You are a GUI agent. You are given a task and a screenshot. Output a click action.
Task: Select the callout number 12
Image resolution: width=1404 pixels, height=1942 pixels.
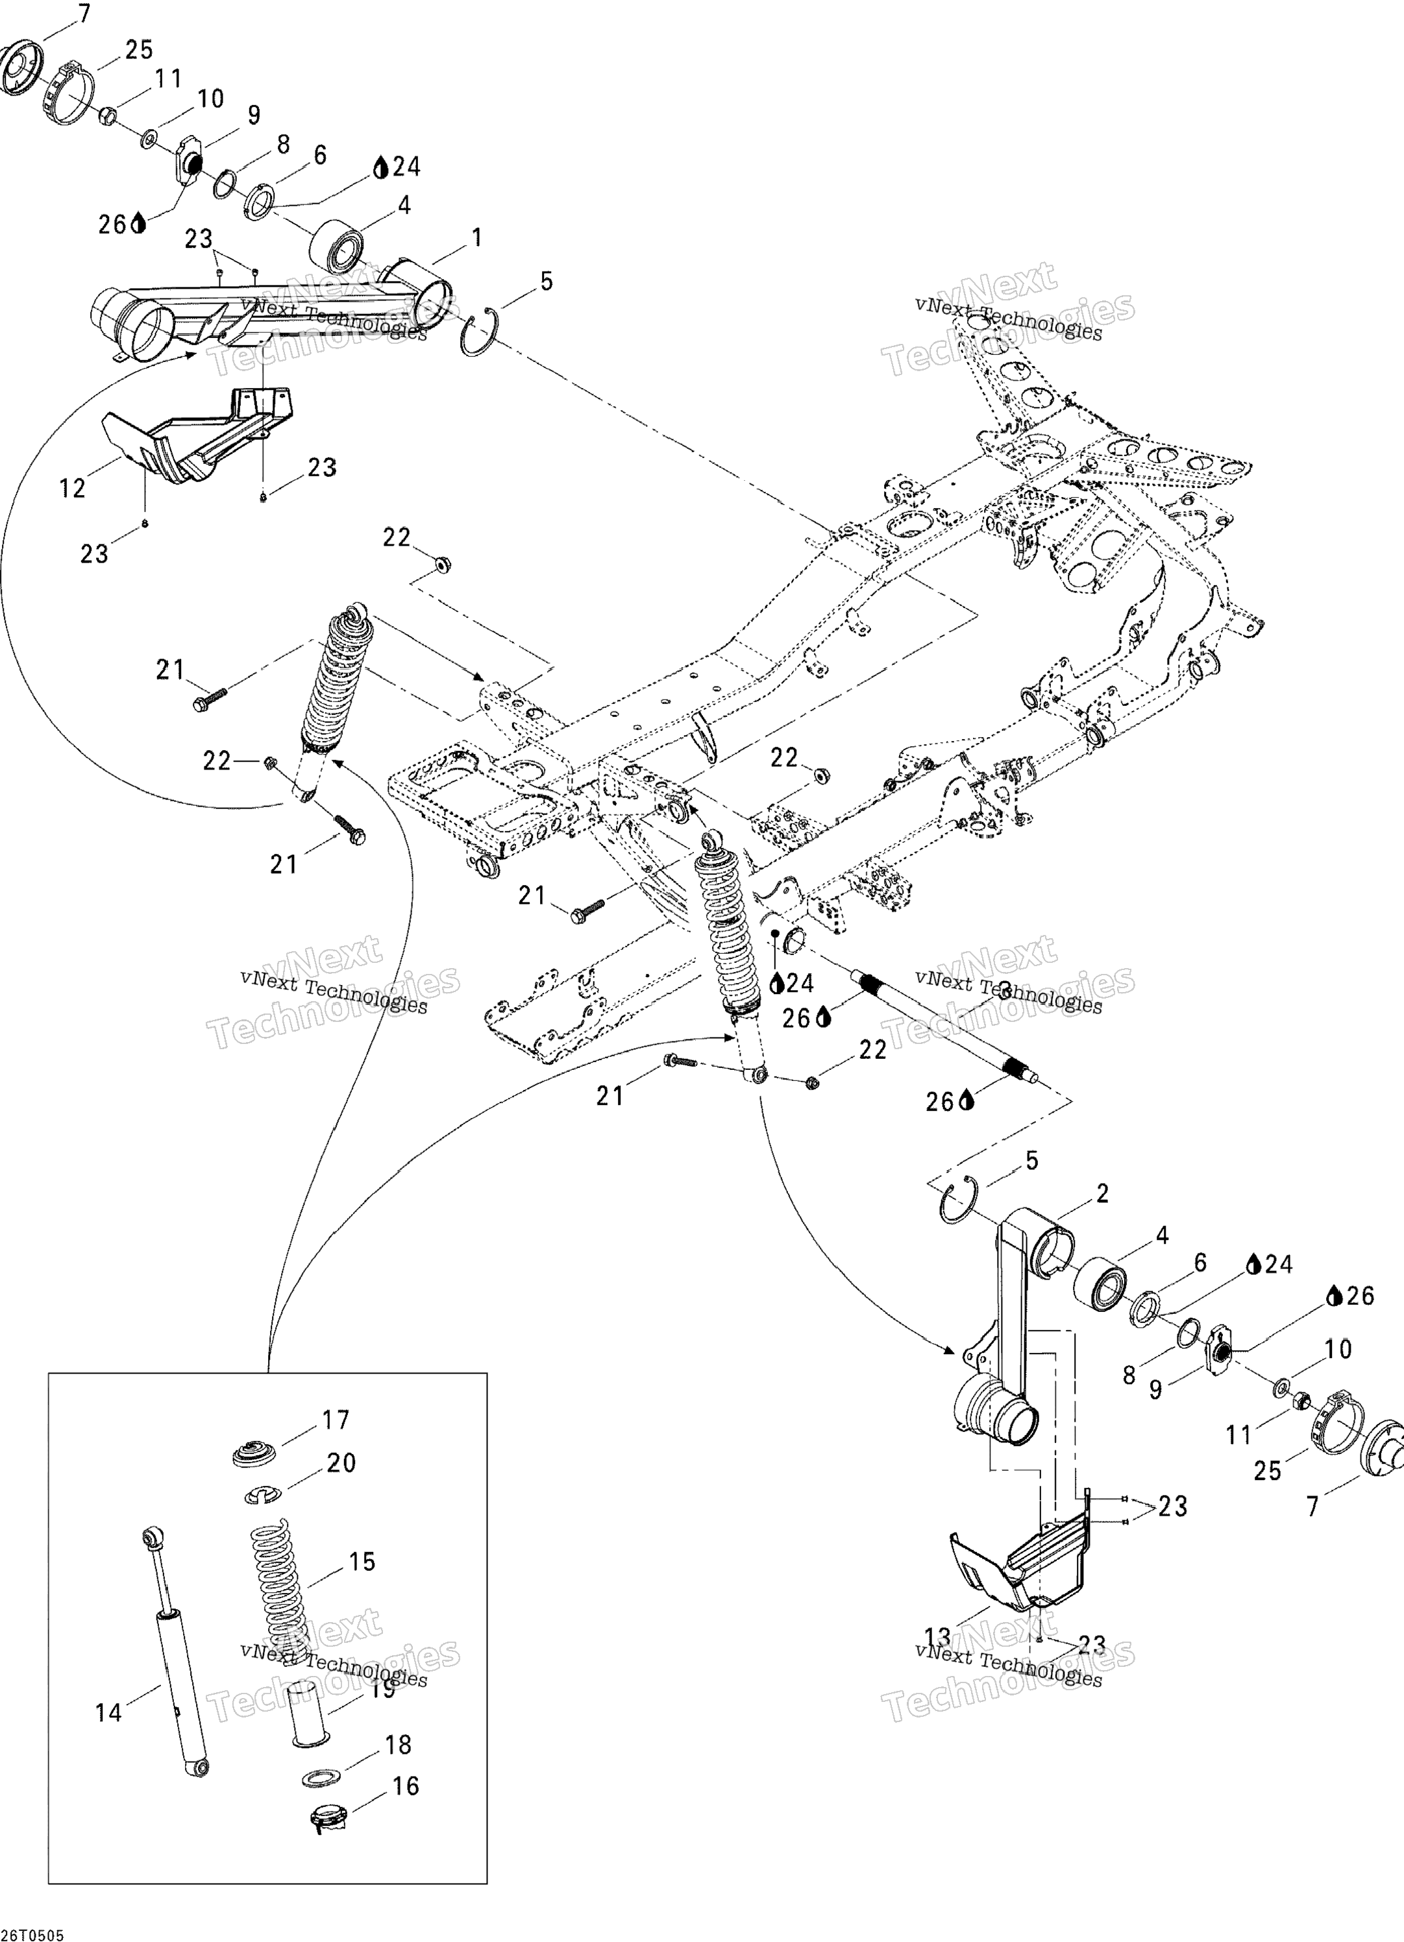(x=73, y=488)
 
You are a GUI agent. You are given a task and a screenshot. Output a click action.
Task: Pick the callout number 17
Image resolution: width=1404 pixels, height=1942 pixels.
(x=335, y=1420)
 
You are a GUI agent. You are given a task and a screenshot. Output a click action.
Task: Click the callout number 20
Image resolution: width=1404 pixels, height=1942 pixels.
(x=341, y=1463)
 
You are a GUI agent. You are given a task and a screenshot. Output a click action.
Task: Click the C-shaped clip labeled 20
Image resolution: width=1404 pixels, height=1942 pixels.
(x=265, y=1495)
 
